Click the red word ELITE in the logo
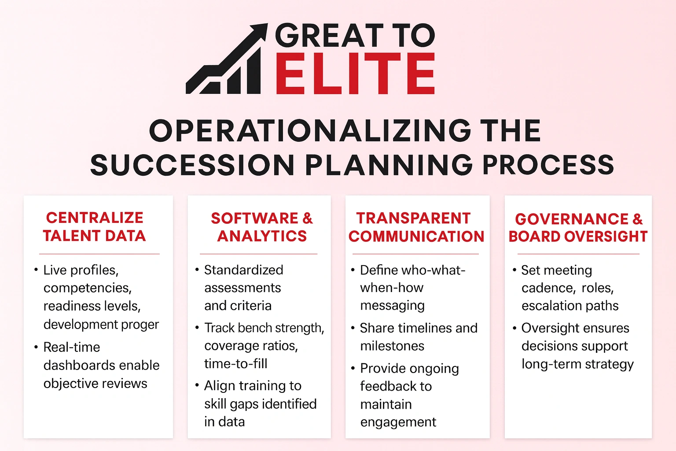pos(355,74)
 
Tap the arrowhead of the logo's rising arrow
pos(260,30)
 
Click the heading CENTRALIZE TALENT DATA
pos(95,226)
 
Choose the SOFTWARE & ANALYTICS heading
pos(262,227)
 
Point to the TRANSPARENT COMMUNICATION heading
pos(416,227)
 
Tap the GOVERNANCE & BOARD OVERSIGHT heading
pos(578,227)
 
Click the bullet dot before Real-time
pos(36,347)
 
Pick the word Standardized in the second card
pos(243,270)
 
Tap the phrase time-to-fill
pos(235,364)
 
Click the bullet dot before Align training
pos(197,385)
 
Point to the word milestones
pos(392,346)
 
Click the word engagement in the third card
pos(398,422)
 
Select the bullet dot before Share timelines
pos(353,328)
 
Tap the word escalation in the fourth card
pos(550,306)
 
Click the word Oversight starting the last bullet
pos(548,328)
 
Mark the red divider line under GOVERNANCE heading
pos(578,254)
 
